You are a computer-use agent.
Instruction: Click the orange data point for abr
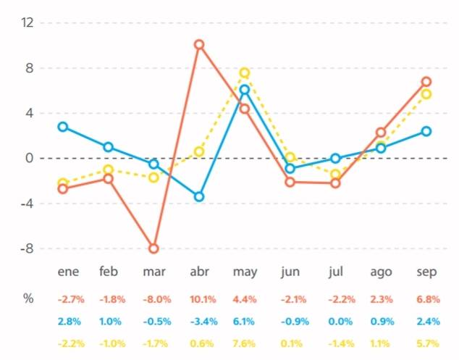pyautogui.click(x=199, y=44)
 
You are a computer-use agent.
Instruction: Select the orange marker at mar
pyautogui.click(x=153, y=248)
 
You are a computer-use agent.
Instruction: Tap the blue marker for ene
pyautogui.click(x=63, y=127)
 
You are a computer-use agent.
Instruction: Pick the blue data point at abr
pyautogui.click(x=199, y=196)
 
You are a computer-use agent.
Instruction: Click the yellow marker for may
pyautogui.click(x=245, y=72)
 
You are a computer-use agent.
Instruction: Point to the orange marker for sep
pyautogui.click(x=426, y=81)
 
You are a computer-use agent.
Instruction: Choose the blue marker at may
pyautogui.click(x=245, y=90)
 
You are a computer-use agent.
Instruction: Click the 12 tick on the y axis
pyautogui.click(x=28, y=22)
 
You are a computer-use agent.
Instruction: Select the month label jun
pyautogui.click(x=290, y=272)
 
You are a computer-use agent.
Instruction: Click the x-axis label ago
pyautogui.click(x=381, y=272)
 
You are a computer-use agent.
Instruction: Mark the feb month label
pyautogui.click(x=109, y=272)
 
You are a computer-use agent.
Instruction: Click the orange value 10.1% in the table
pyautogui.click(x=199, y=298)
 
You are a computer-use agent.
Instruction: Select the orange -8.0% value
pyautogui.click(x=153, y=298)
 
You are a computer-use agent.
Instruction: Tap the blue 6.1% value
pyautogui.click(x=245, y=321)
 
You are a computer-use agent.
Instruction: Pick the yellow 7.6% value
pyautogui.click(x=245, y=343)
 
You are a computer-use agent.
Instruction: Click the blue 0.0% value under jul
pyautogui.click(x=335, y=321)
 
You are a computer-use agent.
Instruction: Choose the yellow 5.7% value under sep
pyautogui.click(x=426, y=343)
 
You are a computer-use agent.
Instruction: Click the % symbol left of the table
pyautogui.click(x=28, y=298)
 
